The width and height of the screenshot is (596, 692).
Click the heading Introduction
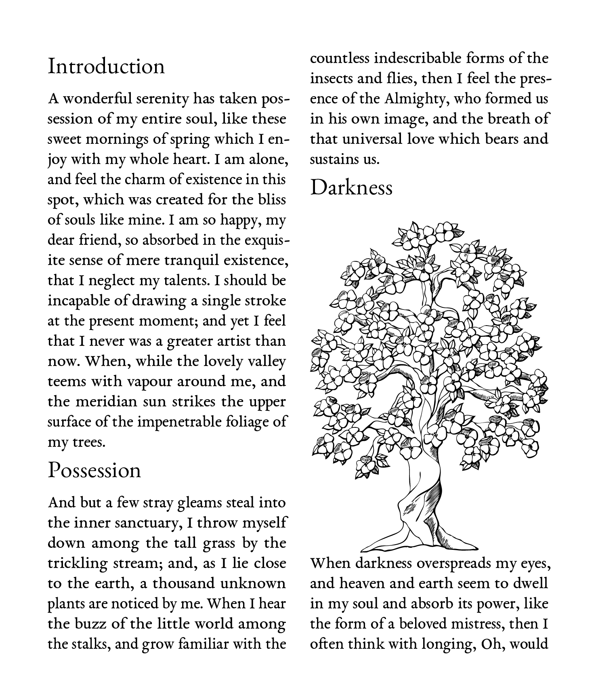106,67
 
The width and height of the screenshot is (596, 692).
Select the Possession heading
94,471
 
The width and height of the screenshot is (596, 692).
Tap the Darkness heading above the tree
351,188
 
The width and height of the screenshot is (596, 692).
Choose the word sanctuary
148,523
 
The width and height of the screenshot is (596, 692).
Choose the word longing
447,644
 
